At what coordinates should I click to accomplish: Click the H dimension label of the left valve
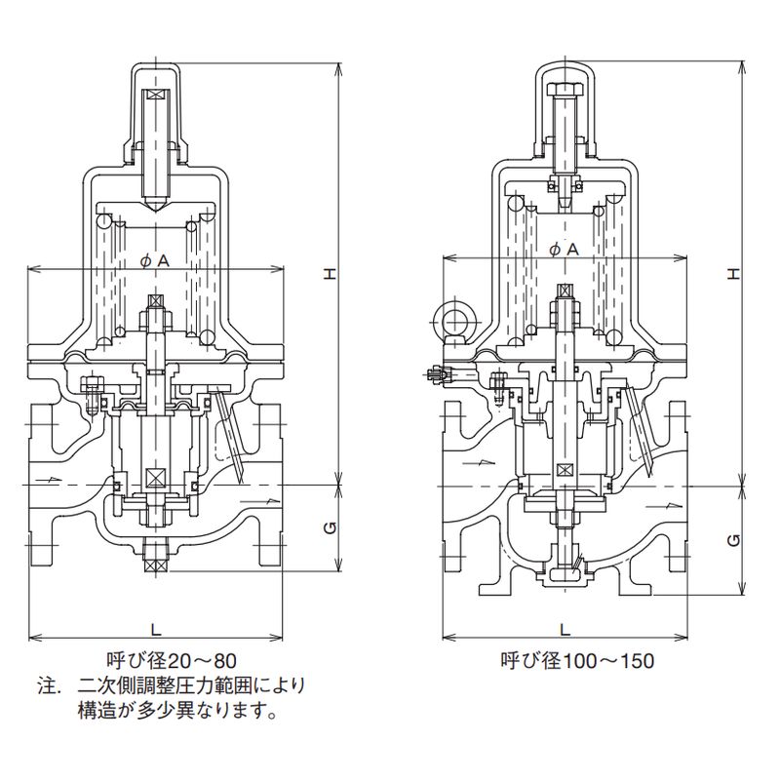point(331,275)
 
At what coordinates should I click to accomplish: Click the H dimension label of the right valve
point(736,275)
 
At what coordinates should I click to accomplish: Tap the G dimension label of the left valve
point(331,527)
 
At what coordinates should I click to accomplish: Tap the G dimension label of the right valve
point(736,538)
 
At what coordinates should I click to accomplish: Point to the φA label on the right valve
point(564,249)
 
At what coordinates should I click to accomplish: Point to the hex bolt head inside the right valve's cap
point(565,92)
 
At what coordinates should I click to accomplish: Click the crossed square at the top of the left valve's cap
point(156,97)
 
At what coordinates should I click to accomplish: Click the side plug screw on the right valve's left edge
point(437,372)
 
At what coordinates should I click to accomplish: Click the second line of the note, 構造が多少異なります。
point(176,710)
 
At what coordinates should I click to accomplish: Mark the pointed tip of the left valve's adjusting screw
point(156,206)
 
